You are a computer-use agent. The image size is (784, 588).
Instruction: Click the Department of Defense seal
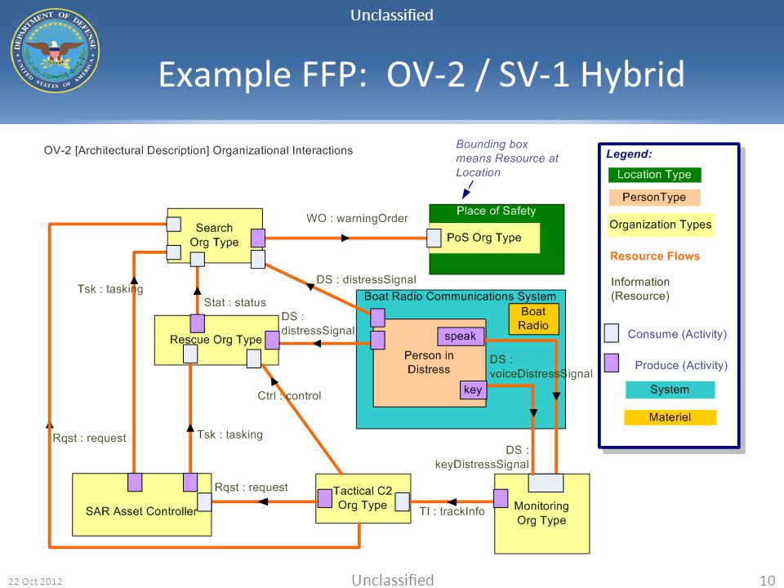55,51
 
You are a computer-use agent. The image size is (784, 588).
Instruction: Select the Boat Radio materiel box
533,318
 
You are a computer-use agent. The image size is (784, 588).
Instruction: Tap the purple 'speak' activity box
461,336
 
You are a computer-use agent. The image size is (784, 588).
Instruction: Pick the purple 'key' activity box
473,390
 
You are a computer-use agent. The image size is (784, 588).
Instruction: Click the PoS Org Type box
484,238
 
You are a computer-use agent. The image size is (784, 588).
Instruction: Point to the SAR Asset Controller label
141,511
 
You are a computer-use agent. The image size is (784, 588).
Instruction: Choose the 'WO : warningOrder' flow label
357,219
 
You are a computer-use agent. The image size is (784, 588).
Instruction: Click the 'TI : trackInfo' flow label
452,511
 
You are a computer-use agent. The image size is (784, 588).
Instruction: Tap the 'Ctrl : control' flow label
289,395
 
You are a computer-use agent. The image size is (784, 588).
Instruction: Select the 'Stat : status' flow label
235,302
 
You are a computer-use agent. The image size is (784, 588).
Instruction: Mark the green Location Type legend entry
654,175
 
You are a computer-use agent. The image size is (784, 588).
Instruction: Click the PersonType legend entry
654,197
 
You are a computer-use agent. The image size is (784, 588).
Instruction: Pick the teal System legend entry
670,390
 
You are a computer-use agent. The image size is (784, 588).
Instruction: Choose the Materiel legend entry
670,417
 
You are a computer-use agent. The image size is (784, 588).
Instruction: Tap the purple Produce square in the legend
611,363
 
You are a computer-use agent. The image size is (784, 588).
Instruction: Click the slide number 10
767,581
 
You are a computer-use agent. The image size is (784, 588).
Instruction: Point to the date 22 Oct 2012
35,581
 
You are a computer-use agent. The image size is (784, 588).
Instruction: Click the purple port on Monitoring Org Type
501,498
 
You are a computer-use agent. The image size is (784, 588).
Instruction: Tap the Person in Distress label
429,363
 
